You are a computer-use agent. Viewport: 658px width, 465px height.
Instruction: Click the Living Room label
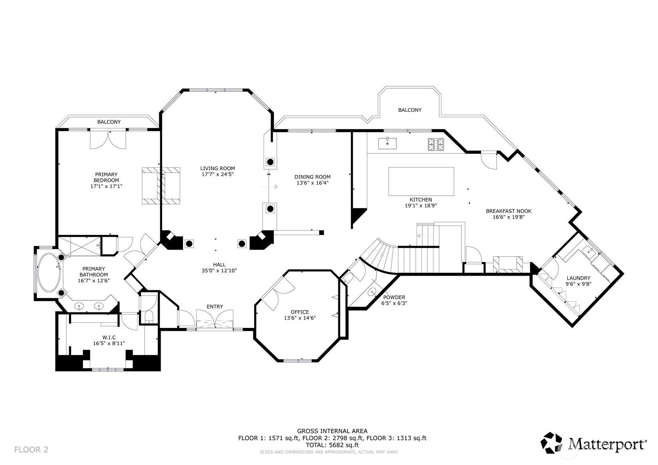217,169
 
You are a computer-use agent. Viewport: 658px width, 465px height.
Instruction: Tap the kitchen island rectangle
421,181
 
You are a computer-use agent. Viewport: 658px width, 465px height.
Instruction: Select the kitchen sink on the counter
387,143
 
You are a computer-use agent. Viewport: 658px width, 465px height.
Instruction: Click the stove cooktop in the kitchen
436,144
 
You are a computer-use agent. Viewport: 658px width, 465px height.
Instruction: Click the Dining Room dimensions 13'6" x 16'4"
312,183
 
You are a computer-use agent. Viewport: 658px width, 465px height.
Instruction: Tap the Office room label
300,312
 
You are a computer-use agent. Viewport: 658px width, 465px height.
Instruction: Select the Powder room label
394,297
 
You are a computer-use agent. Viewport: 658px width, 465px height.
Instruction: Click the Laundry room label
578,278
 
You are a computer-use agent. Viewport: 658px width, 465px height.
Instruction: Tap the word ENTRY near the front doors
215,306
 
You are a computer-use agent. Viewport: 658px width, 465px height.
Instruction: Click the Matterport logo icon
552,443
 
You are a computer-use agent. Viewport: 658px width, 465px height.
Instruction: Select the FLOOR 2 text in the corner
31,449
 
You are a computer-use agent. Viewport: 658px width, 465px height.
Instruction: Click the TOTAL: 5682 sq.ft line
332,445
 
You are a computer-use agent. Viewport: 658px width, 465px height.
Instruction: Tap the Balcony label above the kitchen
410,110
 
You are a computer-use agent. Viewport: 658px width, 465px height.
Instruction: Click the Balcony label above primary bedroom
109,122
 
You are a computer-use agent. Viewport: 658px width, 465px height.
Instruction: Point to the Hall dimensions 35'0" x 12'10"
219,270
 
